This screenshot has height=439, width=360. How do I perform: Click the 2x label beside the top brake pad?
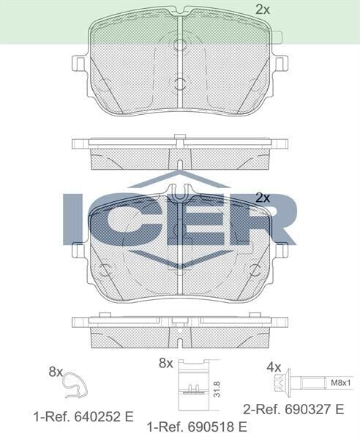[263, 10]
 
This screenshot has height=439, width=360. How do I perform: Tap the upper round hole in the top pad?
[180, 45]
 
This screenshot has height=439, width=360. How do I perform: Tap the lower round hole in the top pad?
[180, 83]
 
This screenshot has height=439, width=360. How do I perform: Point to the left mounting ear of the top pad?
[80, 64]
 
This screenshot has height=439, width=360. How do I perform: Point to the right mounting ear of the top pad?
[281, 64]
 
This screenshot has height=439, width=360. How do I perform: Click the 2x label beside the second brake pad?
[263, 198]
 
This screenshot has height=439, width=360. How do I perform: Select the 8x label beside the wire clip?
[56, 372]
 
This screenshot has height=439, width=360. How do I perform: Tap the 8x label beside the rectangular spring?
[165, 363]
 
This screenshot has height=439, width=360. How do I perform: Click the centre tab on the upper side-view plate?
[180, 136]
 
